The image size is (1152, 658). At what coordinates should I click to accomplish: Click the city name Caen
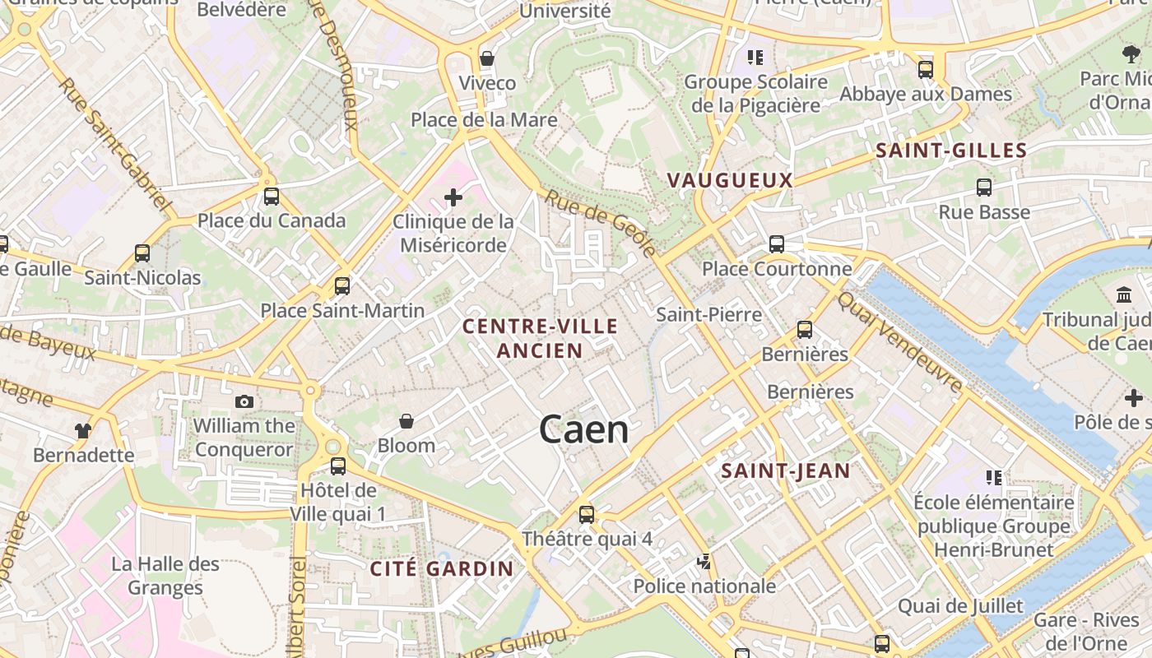pyautogui.click(x=583, y=430)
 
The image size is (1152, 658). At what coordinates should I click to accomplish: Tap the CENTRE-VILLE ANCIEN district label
pyautogui.click(x=540, y=338)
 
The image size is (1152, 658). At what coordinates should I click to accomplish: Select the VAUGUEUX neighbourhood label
pyautogui.click(x=730, y=180)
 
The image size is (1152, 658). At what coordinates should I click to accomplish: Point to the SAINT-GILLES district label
pyautogui.click(x=951, y=151)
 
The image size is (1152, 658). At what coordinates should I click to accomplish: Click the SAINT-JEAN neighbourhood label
pyautogui.click(x=785, y=471)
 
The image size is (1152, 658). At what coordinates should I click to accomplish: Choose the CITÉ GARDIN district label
pyautogui.click(x=442, y=568)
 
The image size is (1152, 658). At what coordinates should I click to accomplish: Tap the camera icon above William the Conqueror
pyautogui.click(x=244, y=401)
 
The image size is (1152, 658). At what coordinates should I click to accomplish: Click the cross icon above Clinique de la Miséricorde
pyautogui.click(x=453, y=197)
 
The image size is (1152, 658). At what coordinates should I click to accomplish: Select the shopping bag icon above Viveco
pyautogui.click(x=487, y=58)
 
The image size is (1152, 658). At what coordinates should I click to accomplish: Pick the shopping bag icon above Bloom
pyautogui.click(x=406, y=422)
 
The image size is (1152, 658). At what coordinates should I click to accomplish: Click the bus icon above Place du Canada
pyautogui.click(x=272, y=197)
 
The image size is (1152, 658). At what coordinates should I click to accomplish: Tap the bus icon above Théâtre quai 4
pyautogui.click(x=587, y=515)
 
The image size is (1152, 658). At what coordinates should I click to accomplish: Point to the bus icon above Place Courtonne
pyautogui.click(x=776, y=244)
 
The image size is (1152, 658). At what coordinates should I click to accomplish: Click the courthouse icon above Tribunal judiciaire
pyautogui.click(x=1124, y=294)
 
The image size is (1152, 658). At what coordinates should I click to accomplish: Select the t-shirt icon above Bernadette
pyautogui.click(x=83, y=430)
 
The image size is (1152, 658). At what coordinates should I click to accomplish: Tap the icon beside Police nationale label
pyautogui.click(x=704, y=562)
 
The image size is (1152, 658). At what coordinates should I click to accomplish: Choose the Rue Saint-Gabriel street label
pyautogui.click(x=114, y=143)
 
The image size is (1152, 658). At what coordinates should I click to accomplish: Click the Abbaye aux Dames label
pyautogui.click(x=926, y=94)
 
